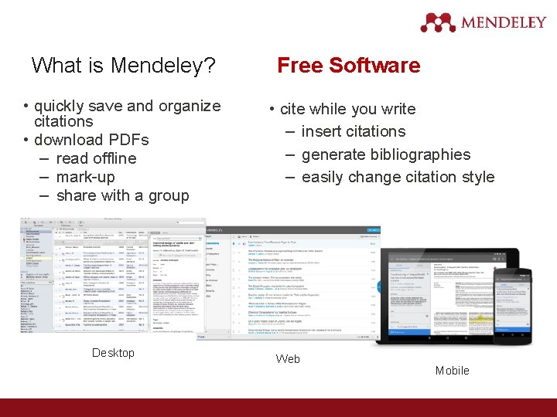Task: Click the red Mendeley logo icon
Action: [x=439, y=22]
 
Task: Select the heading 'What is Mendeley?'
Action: [x=124, y=66]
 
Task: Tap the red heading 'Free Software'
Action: [x=349, y=66]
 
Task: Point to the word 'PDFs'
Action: [x=128, y=140]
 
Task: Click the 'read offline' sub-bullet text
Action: [x=96, y=158]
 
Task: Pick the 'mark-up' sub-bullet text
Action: [x=85, y=177]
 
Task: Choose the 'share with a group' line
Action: [x=122, y=195]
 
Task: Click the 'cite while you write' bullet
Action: [x=347, y=109]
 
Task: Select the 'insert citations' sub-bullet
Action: [x=354, y=131]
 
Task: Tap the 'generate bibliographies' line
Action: [x=385, y=154]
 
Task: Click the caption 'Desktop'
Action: [x=113, y=353]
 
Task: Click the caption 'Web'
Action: [x=288, y=359]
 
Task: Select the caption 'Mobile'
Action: [x=453, y=371]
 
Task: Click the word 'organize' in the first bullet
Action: [x=190, y=106]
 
